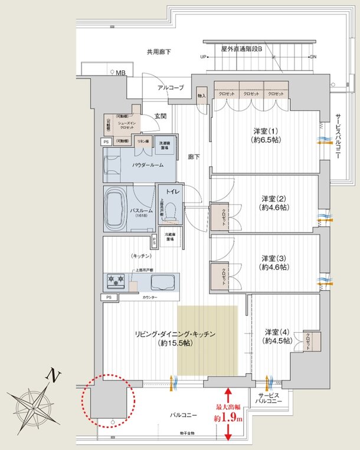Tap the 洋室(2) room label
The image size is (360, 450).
[x=273, y=202]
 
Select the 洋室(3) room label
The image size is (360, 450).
[x=273, y=262]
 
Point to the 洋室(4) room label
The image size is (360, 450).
[x=277, y=336]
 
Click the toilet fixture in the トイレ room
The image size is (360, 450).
[x=172, y=211]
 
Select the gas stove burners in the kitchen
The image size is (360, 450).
[x=115, y=281]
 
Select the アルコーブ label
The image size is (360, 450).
[x=171, y=88]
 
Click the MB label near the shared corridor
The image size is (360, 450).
[x=120, y=73]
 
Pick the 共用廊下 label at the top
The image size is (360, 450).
[x=159, y=52]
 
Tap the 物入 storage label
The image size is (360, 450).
[x=201, y=96]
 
